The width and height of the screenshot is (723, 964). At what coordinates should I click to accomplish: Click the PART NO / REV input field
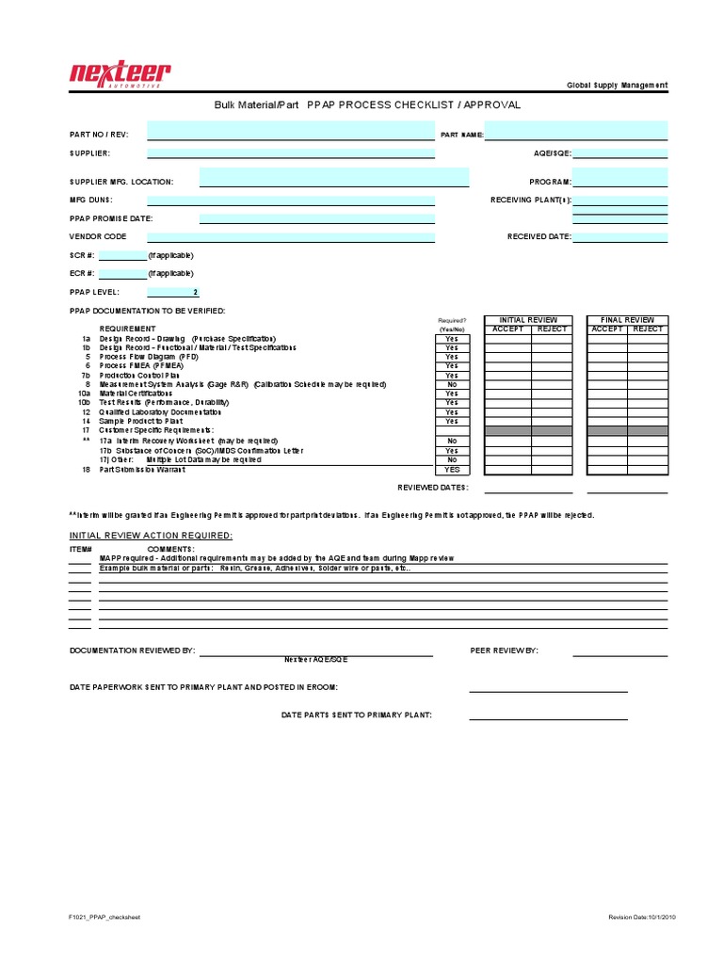291,130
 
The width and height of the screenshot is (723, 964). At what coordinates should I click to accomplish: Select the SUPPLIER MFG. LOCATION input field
334,177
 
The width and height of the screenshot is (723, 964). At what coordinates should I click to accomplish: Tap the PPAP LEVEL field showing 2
173,293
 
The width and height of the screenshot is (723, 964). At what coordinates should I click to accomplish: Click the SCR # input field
122,255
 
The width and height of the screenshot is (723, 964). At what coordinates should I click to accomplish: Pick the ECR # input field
122,274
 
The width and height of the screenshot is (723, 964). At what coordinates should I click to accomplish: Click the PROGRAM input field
620,177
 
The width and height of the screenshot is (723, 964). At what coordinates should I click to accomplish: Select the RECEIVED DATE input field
620,237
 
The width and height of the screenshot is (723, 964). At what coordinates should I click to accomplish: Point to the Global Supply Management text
617,85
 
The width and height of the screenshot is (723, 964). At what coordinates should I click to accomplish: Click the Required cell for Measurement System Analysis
452,384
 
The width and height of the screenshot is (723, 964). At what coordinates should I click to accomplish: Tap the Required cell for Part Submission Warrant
452,469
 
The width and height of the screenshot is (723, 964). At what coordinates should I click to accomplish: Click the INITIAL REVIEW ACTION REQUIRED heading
151,535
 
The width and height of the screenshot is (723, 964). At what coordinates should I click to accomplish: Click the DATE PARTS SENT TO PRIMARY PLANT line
548,715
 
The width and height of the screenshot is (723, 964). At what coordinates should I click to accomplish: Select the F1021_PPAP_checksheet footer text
104,917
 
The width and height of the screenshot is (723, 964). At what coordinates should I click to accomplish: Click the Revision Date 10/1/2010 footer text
638,917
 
